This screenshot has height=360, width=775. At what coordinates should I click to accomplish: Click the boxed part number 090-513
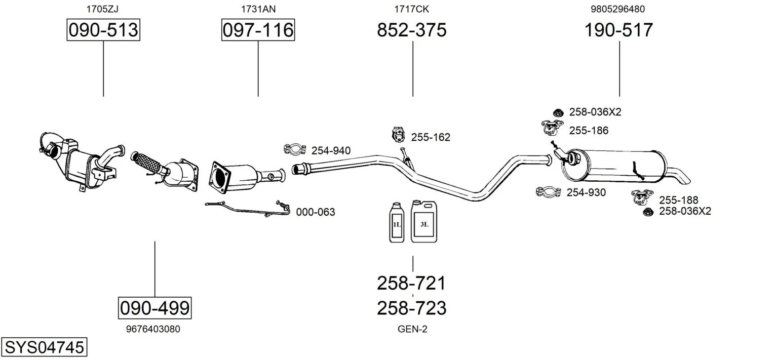(103, 30)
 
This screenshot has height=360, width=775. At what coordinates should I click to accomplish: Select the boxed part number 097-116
(258, 30)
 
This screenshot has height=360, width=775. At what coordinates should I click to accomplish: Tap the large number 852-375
(412, 30)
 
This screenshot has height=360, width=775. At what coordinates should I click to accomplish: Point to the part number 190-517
(618, 30)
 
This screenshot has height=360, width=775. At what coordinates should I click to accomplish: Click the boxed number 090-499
(154, 307)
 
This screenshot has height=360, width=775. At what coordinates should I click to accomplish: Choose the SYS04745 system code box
(44, 348)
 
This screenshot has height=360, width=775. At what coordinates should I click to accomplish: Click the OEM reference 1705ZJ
(103, 9)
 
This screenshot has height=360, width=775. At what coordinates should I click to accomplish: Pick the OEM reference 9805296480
(617, 9)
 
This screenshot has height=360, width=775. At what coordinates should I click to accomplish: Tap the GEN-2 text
(412, 329)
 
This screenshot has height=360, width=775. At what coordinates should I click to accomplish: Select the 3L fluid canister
(423, 221)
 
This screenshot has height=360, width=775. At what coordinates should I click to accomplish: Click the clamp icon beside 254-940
(294, 149)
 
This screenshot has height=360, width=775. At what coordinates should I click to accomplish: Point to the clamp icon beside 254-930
(548, 192)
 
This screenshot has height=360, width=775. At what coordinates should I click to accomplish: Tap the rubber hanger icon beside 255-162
(399, 135)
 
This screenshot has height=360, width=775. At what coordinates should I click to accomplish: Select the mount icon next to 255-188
(642, 196)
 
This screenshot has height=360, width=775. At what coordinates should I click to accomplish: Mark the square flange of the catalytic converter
(220, 177)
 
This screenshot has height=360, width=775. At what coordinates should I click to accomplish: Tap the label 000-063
(316, 212)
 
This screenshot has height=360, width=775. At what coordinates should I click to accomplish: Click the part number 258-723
(412, 308)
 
